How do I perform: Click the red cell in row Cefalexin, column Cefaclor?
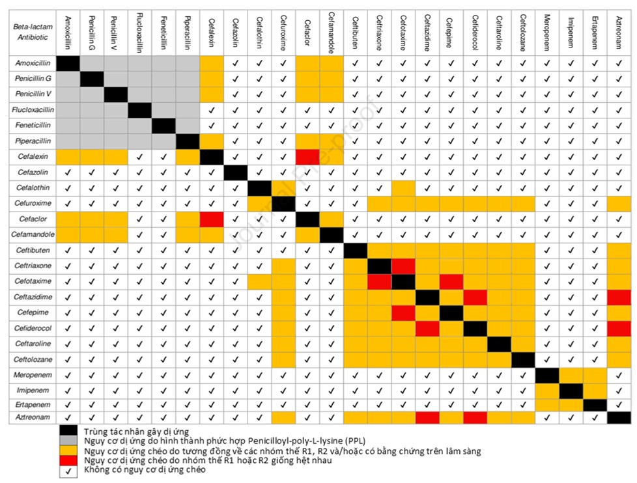click(307, 157)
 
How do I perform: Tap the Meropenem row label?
click(32, 376)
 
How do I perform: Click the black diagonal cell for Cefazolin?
click(235, 172)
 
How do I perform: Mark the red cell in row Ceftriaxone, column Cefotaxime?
click(403, 266)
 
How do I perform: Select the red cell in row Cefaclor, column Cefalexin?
click(211, 219)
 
